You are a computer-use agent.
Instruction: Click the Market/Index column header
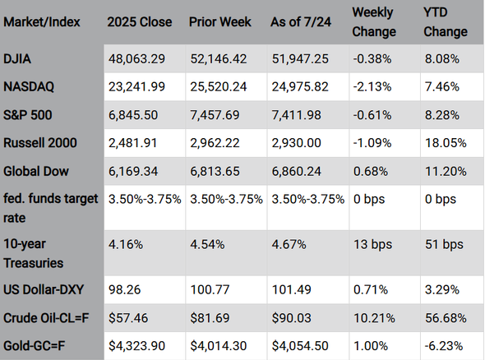coord(41,22)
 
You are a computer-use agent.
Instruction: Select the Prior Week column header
coord(220,22)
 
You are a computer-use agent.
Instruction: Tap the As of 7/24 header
coord(301,22)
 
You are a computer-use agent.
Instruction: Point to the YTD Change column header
coord(446,22)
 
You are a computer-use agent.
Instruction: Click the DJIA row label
coord(17,58)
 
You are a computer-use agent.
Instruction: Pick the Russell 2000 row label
coord(40,143)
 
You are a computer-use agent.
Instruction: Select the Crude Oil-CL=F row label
coord(46,318)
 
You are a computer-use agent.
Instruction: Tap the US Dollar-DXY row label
coord(44,290)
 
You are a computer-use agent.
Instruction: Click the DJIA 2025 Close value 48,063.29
coord(136,58)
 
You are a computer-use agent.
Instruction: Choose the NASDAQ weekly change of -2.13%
coord(372,87)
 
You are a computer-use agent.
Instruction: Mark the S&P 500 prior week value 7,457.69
coord(215,115)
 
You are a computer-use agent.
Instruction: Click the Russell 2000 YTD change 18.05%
coord(446,143)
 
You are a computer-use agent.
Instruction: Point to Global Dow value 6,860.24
coord(296,171)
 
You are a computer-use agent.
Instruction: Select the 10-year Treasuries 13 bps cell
coord(372,245)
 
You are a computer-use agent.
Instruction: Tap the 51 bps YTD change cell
coord(444,245)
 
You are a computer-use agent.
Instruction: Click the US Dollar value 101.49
coord(291,290)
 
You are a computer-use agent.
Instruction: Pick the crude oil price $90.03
coord(291,318)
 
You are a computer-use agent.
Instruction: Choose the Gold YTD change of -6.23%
coord(444,346)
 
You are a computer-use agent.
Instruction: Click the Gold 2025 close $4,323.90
coord(136,346)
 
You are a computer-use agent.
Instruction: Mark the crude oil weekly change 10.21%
coord(374,318)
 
